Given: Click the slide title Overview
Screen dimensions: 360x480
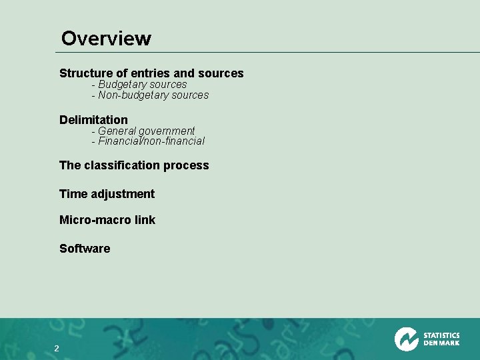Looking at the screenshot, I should [x=106, y=39].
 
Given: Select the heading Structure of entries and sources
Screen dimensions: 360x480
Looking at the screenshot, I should [x=151, y=73].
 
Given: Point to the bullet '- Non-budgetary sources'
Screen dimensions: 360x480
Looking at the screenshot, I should [x=150, y=95].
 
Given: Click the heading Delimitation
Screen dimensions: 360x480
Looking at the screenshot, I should [x=93, y=120].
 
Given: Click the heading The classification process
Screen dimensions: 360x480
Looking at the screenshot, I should [x=134, y=165].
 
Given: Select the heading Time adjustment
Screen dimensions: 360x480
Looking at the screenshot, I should [x=107, y=194].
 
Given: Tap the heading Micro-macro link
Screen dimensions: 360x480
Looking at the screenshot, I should [x=107, y=220].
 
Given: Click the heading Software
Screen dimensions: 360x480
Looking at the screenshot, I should [x=85, y=249].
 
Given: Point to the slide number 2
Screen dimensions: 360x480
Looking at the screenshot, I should [x=57, y=349].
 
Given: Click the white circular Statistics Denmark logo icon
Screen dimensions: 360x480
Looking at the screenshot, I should [x=406, y=339].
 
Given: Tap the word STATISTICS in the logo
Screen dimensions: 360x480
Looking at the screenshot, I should [x=441, y=335].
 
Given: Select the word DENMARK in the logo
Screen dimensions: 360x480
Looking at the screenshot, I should [x=441, y=344].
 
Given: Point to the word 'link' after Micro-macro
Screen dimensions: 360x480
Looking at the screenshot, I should [x=145, y=220].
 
